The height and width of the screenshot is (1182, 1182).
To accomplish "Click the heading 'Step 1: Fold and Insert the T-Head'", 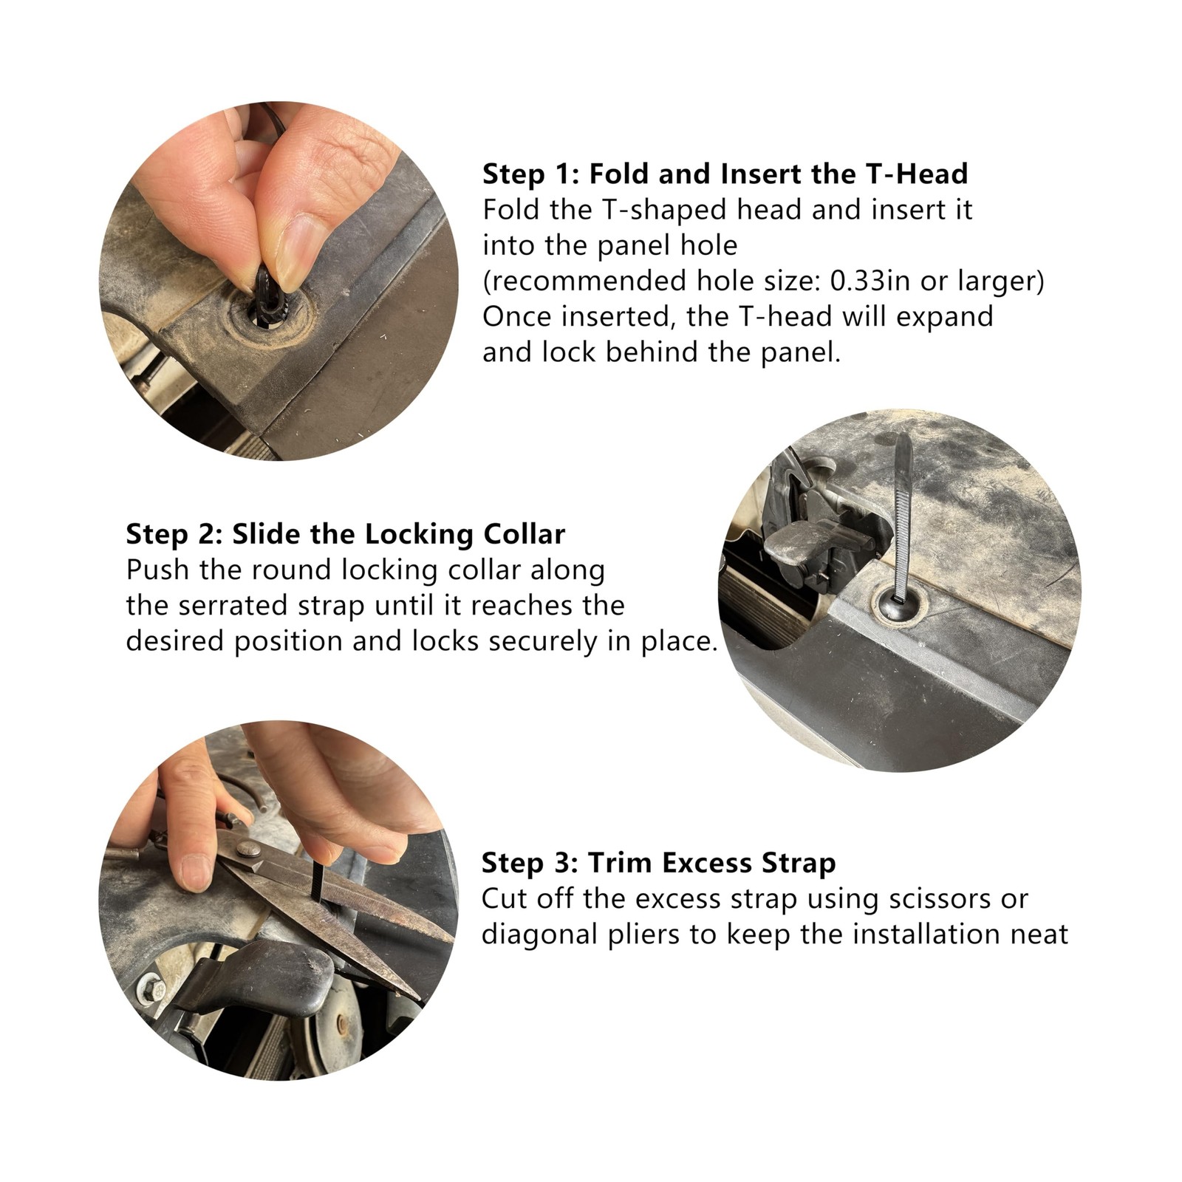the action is tap(725, 174).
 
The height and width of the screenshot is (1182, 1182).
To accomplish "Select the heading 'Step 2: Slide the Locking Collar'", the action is tap(346, 534).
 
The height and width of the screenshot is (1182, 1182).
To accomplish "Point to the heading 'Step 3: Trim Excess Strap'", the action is tap(658, 863).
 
